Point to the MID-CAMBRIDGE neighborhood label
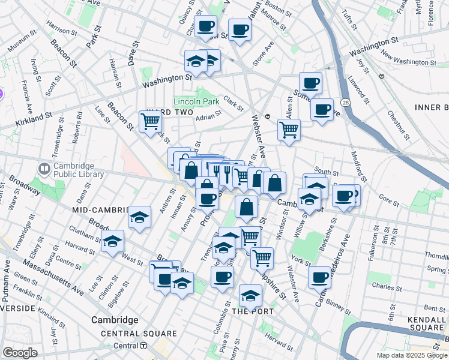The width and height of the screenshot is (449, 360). tap(100, 210)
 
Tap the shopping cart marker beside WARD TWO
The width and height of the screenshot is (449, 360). tap(150, 121)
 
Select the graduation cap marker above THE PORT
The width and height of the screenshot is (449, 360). tap(250, 295)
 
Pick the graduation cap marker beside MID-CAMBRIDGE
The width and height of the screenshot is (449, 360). tap(139, 217)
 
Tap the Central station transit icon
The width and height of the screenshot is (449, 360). tap(143, 346)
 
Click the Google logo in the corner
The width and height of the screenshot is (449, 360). tap(20, 353)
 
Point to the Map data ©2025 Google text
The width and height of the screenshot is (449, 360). tap(411, 355)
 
